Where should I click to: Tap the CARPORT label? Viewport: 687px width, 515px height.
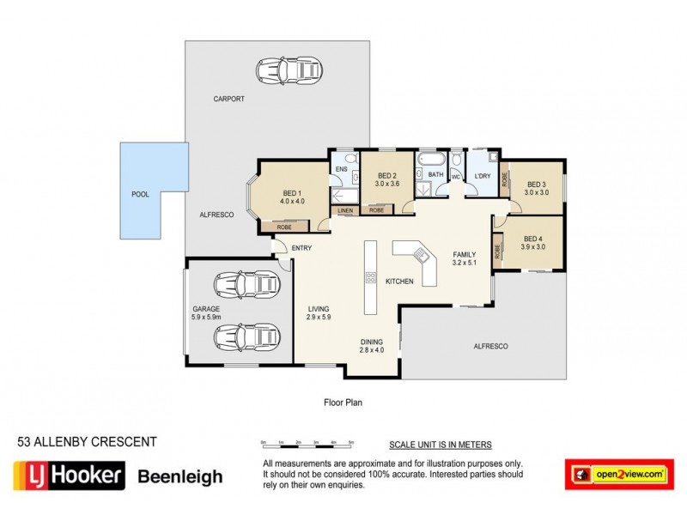pos(229,100)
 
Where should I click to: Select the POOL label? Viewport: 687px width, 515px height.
pos(140,195)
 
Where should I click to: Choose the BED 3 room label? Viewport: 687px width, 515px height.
pos(537,184)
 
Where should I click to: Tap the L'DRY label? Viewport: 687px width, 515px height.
pos(483,176)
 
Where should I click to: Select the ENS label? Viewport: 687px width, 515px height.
pos(341,170)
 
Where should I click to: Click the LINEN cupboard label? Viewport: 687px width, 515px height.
pos(345,210)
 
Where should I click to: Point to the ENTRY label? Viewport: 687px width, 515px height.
pos(301,248)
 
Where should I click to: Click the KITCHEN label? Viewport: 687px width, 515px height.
pos(399,282)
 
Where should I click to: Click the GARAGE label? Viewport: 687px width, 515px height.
pos(206,308)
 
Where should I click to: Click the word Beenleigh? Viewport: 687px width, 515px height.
pos(181,476)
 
